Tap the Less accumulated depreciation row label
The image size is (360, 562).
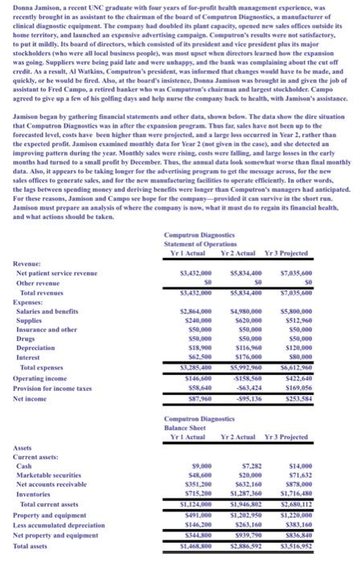tap(55, 520)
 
